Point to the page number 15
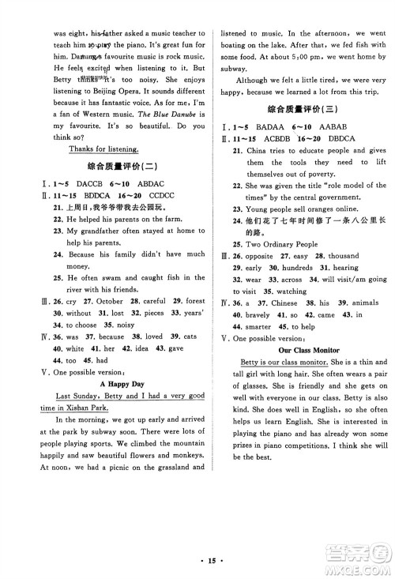click(x=197, y=562)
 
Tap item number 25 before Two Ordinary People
click(x=237, y=244)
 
